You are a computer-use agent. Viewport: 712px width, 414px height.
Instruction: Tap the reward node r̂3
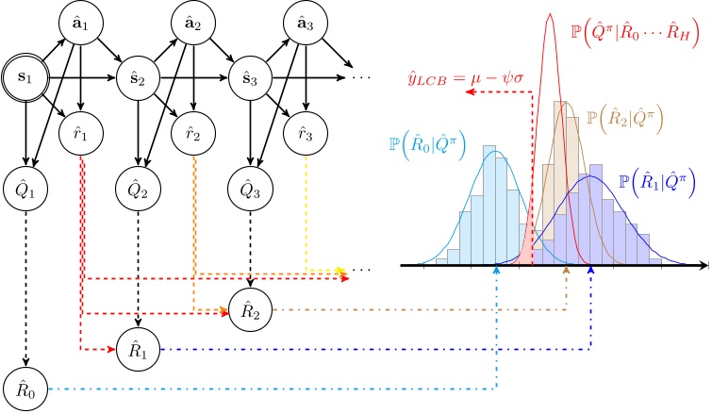305,131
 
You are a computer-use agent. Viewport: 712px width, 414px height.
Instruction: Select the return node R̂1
138,348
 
